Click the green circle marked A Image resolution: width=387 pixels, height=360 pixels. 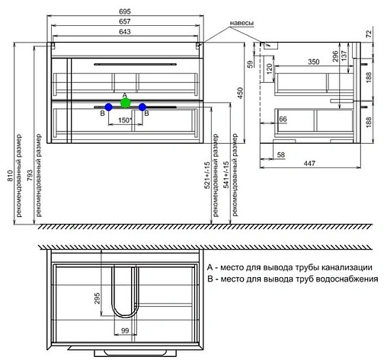point(126,103)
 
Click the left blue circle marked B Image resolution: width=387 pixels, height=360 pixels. point(109,107)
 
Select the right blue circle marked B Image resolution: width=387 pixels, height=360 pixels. point(142,107)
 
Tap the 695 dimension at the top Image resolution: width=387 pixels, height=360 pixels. point(125,11)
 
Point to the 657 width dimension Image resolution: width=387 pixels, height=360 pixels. point(125,21)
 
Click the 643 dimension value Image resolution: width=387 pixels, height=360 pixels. point(125,32)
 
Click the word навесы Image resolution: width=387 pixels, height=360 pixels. point(241,23)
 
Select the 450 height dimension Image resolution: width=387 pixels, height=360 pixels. point(240,93)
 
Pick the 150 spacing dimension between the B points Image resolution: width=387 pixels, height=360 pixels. point(124,120)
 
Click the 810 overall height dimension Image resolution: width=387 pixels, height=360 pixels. point(10,176)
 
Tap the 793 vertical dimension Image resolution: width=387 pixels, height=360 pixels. point(30,176)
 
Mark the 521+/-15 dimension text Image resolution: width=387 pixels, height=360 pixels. point(207,175)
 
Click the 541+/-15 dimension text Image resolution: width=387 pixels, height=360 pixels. point(226,175)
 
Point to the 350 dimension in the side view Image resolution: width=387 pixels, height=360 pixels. point(314,62)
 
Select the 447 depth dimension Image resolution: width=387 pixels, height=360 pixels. point(310,164)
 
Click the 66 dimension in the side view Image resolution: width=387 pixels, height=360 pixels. point(283,119)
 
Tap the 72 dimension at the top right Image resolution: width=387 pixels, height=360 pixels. point(369,33)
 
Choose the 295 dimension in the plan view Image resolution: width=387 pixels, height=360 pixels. point(97,298)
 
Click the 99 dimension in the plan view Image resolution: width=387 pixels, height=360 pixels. point(125,330)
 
